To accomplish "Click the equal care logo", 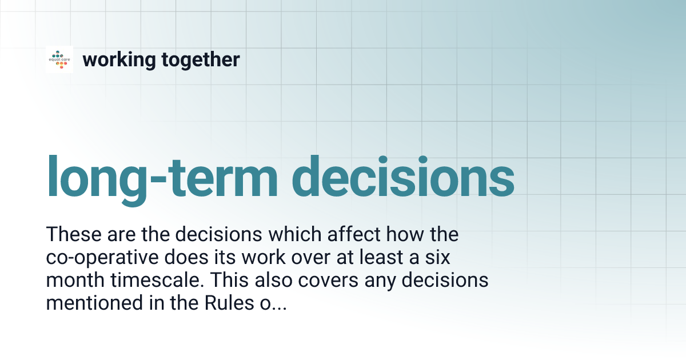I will click(59, 59).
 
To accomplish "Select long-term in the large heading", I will click(161, 177).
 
